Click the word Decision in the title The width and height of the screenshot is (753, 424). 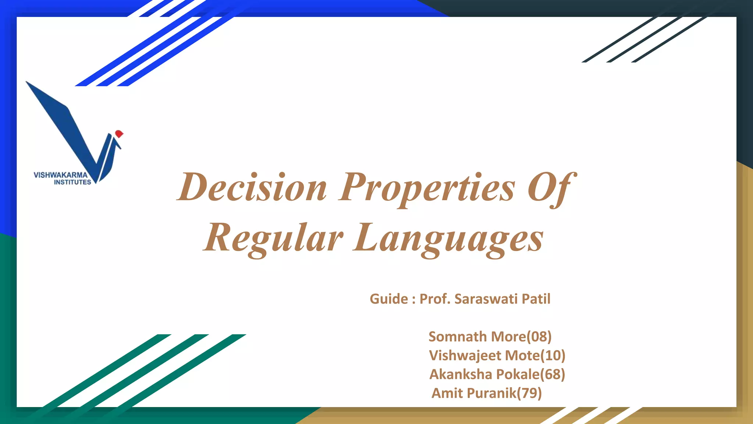[x=252, y=188]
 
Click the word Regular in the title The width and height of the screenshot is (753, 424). [x=274, y=238]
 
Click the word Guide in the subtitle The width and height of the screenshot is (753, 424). [x=389, y=299]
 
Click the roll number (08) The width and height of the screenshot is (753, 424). [x=539, y=337]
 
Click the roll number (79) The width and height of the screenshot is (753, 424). [x=529, y=393]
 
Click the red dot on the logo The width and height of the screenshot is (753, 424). [x=119, y=134]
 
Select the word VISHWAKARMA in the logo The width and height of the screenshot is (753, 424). [x=61, y=175]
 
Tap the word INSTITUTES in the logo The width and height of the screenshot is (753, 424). [x=72, y=182]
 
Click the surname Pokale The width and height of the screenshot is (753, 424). [x=518, y=374]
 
